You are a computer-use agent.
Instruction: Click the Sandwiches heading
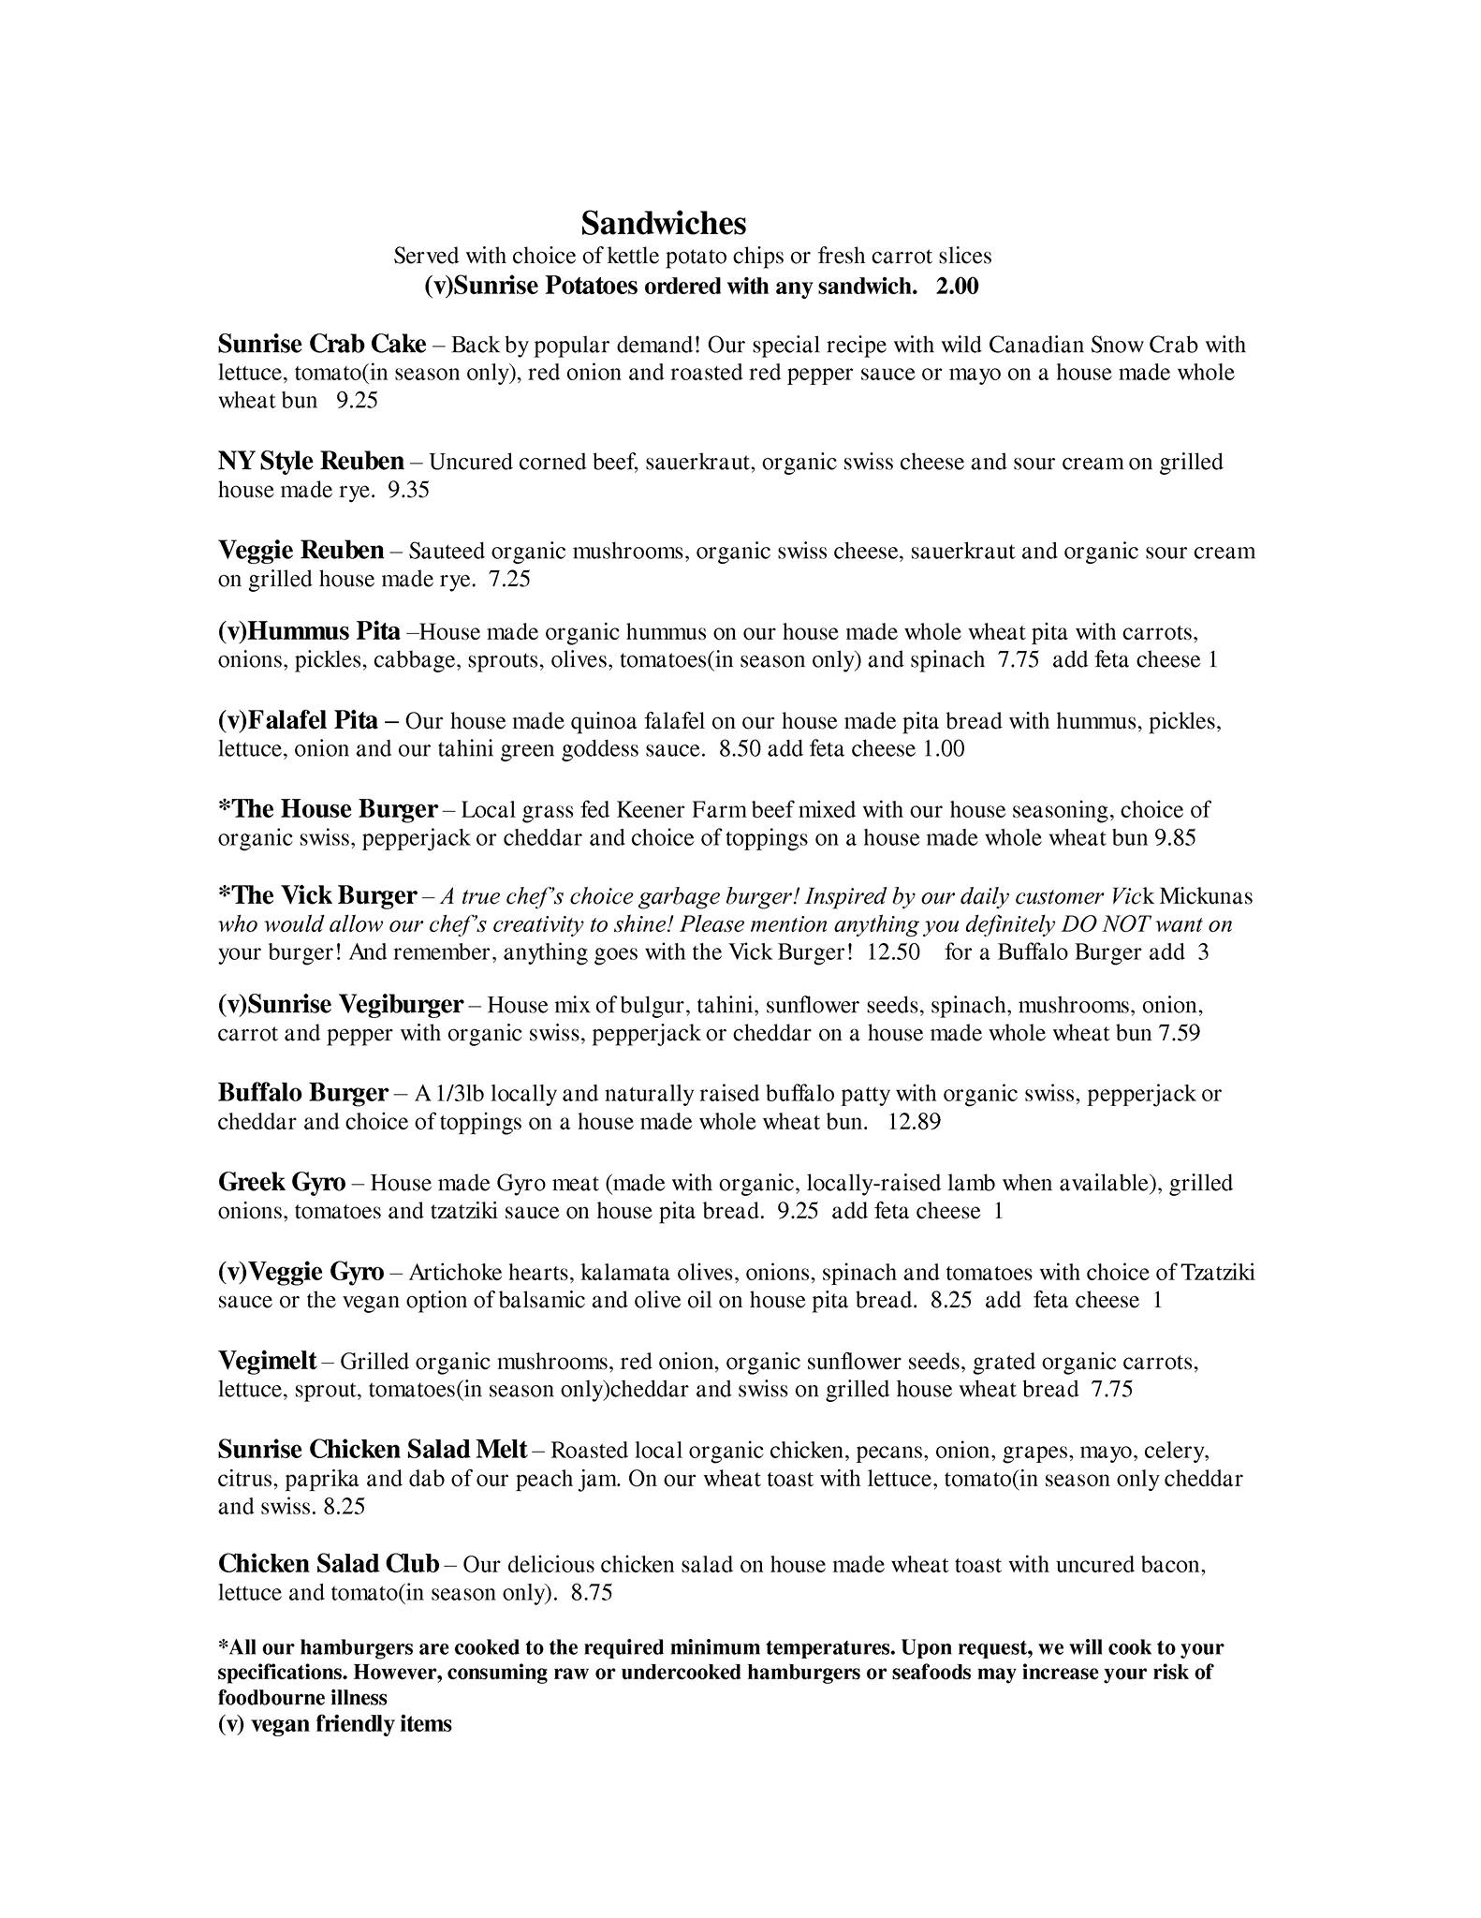663,224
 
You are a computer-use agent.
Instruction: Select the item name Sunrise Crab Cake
322,345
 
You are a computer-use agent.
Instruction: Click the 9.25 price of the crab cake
357,401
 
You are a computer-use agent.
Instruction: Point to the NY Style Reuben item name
311,462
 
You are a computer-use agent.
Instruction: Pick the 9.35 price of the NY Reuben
408,490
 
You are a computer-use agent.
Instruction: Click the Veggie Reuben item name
301,550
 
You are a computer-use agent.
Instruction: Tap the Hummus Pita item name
309,631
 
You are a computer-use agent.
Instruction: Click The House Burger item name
328,809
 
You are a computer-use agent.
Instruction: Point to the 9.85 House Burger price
1175,837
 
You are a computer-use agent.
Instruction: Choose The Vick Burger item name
316,896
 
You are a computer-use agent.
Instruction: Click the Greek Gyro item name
282,1183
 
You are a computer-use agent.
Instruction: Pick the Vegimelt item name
267,1361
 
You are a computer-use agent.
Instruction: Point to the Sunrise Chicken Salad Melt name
373,1450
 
